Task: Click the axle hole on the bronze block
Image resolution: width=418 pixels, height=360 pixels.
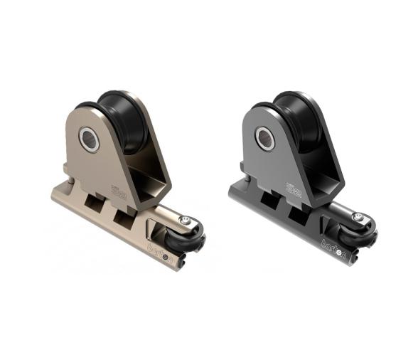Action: [90, 139]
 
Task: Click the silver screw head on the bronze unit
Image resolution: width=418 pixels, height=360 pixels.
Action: [187, 223]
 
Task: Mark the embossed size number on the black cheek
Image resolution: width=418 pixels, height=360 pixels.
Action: [294, 189]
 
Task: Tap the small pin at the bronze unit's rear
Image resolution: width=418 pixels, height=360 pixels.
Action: [68, 170]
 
